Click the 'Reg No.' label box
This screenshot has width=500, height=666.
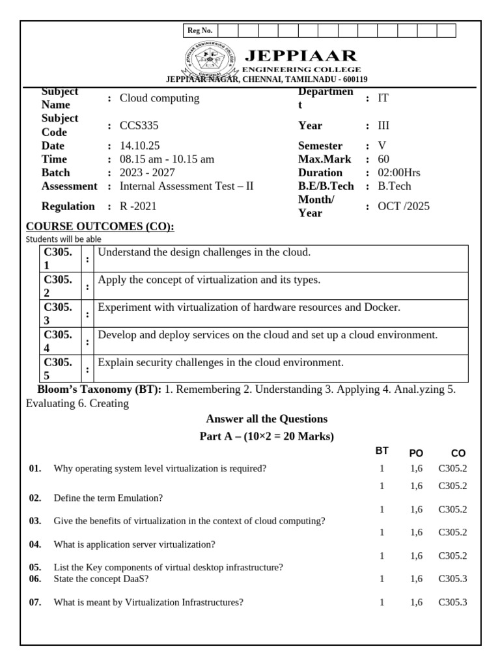(x=199, y=31)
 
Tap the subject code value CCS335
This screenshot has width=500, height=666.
(x=139, y=126)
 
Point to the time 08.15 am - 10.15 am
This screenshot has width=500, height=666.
(x=167, y=159)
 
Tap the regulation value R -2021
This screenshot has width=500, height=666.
(x=138, y=206)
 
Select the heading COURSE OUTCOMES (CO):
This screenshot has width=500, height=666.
(x=100, y=226)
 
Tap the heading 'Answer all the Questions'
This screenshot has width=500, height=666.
(x=266, y=418)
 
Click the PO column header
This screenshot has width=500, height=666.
(x=416, y=453)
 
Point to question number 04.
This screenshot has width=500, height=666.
(x=35, y=544)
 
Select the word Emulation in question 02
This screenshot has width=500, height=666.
(x=139, y=498)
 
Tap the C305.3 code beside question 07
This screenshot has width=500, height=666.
(x=452, y=602)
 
